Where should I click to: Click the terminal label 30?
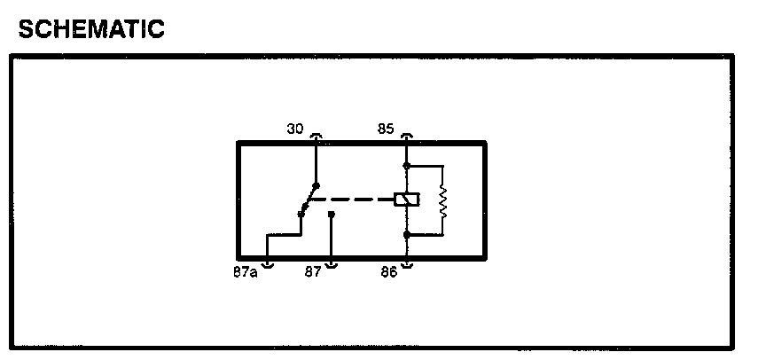click(x=295, y=129)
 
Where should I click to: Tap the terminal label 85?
click(x=386, y=129)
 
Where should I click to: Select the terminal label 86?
click(x=389, y=272)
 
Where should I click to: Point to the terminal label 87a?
click(x=245, y=272)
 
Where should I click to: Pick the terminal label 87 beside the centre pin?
click(x=313, y=272)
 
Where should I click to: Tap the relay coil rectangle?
click(x=407, y=200)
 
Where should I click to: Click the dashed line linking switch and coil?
click(x=355, y=200)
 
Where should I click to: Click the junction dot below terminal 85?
click(x=407, y=165)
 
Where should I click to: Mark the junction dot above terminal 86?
click(x=407, y=235)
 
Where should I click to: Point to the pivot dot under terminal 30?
click(x=317, y=185)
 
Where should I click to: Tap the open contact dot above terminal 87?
click(x=332, y=214)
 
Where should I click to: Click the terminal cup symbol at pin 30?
click(x=317, y=137)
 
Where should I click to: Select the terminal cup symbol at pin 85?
click(x=407, y=137)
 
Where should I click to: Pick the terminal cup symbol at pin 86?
click(x=407, y=263)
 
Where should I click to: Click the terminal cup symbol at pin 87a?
click(x=269, y=263)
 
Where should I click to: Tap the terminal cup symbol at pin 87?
click(x=332, y=263)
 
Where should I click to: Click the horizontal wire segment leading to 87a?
click(x=285, y=235)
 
